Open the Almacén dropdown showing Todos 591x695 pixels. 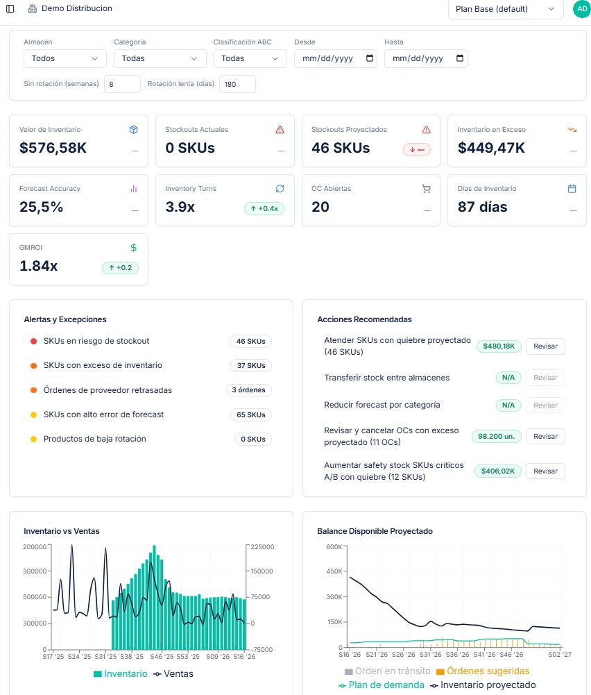click(x=65, y=58)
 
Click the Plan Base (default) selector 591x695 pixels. click(x=506, y=9)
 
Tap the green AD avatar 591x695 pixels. click(x=582, y=9)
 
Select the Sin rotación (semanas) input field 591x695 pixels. click(x=122, y=84)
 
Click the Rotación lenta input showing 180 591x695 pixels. click(x=237, y=84)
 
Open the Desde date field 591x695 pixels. click(x=336, y=58)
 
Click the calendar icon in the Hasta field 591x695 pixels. click(x=459, y=58)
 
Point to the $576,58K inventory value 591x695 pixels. click(x=53, y=148)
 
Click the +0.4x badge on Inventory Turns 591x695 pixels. click(x=264, y=209)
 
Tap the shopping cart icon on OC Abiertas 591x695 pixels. click(x=427, y=189)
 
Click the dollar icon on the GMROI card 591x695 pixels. click(x=133, y=248)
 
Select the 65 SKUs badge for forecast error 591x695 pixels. click(x=251, y=415)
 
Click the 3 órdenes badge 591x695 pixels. click(x=249, y=390)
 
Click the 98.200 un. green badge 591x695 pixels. click(x=496, y=437)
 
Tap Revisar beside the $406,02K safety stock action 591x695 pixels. click(x=545, y=471)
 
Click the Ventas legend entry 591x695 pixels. click(x=173, y=673)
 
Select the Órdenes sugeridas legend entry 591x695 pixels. click(x=483, y=671)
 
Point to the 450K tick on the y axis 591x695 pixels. click(x=334, y=571)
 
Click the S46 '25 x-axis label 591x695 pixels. click(x=162, y=656)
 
